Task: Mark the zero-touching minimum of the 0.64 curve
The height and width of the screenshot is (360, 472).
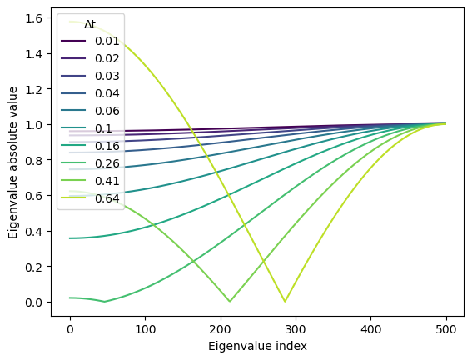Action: click(286, 302)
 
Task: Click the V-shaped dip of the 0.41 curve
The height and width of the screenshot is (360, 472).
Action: click(230, 302)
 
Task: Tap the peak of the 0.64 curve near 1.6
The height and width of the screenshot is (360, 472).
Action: click(72, 22)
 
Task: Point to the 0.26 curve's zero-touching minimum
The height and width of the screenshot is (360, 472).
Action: click(105, 302)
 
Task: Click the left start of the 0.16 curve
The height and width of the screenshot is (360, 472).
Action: click(71, 238)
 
